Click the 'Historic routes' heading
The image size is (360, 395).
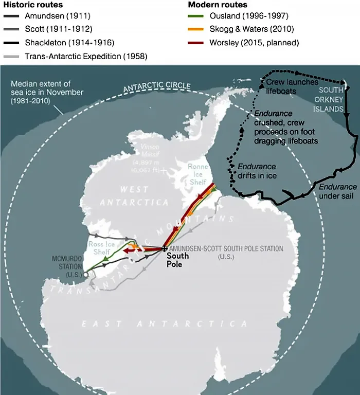(x=33, y=5)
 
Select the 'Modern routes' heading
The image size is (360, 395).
(x=218, y=5)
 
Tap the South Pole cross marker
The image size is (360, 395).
(x=165, y=249)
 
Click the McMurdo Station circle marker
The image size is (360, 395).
(x=86, y=274)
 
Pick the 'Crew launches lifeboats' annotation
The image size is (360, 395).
(x=292, y=85)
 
